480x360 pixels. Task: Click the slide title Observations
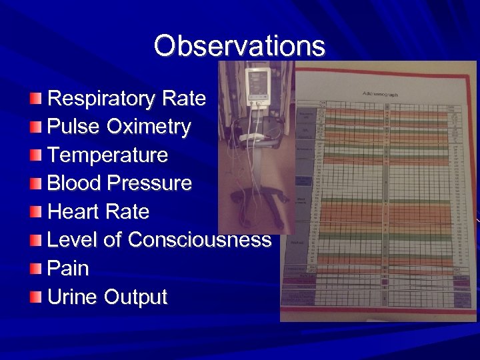coord(239,46)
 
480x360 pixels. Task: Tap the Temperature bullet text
coord(108,155)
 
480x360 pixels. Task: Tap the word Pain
coord(68,268)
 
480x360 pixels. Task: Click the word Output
coord(136,297)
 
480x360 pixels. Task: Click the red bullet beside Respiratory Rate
coord(36,99)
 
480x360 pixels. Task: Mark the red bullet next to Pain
coord(36,268)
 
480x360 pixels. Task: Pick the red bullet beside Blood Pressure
coord(36,183)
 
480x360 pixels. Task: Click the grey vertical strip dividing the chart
coord(387,200)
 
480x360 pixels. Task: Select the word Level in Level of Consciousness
coord(71,239)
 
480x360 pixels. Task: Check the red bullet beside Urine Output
coord(36,297)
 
